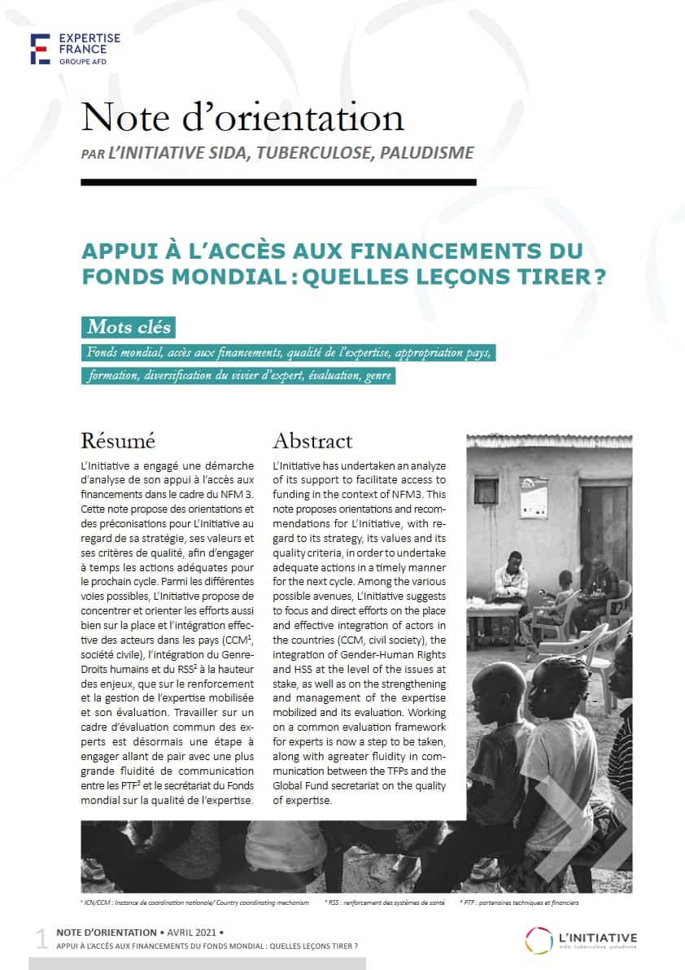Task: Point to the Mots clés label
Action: click(x=129, y=327)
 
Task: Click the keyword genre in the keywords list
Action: click(x=377, y=377)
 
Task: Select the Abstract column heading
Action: click(x=312, y=441)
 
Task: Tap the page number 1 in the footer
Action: click(x=41, y=939)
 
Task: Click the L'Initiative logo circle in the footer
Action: click(x=539, y=938)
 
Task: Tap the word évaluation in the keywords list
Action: click(x=329, y=377)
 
